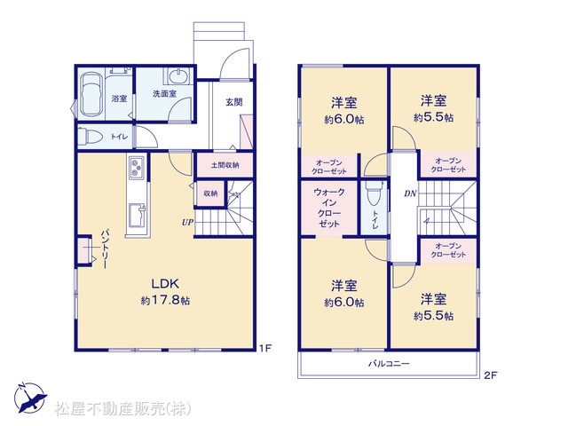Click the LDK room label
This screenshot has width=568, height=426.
[165, 284]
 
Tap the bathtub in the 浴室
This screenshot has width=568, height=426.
[91, 95]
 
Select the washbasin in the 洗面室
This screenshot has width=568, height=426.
[177, 76]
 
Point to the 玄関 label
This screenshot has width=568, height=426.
[234, 102]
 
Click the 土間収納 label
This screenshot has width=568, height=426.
[225, 165]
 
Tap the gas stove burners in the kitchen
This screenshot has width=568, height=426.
[137, 167]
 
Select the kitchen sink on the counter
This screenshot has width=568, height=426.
[137, 215]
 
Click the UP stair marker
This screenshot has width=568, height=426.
[187, 222]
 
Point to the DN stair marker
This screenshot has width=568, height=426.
[410, 193]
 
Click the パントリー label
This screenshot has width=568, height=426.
[105, 249]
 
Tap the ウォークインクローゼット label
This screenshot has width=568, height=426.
[329, 208]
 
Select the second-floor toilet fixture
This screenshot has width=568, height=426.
[374, 194]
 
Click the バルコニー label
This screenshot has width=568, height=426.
[389, 363]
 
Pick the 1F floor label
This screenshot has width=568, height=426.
[264, 349]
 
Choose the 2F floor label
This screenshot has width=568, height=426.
[491, 375]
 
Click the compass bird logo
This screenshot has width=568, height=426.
[30, 398]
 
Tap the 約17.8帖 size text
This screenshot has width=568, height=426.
[165, 300]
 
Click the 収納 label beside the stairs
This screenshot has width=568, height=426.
[210, 193]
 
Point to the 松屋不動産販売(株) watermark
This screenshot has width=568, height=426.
[122, 409]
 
